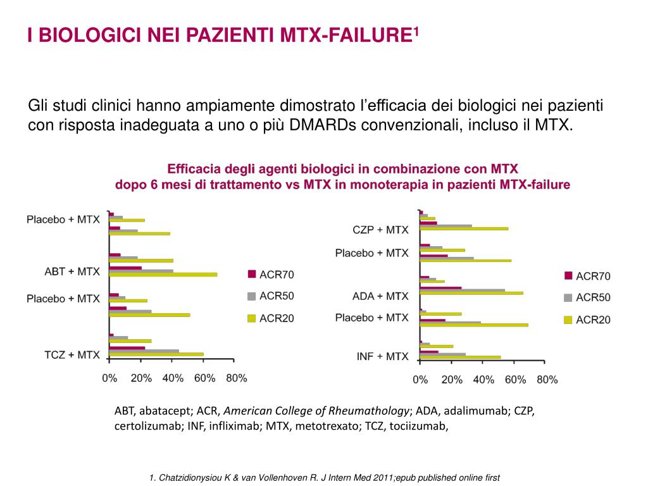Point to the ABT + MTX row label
(72, 271)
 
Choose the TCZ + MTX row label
(72, 355)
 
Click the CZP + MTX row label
(380, 230)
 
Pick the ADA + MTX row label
(380, 296)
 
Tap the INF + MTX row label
(382, 357)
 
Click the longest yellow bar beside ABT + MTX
(163, 275)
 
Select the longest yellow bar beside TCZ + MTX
(156, 354)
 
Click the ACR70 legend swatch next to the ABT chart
(251, 274)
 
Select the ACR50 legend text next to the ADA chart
(593, 297)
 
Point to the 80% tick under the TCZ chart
(236, 378)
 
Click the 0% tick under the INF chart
(420, 380)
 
